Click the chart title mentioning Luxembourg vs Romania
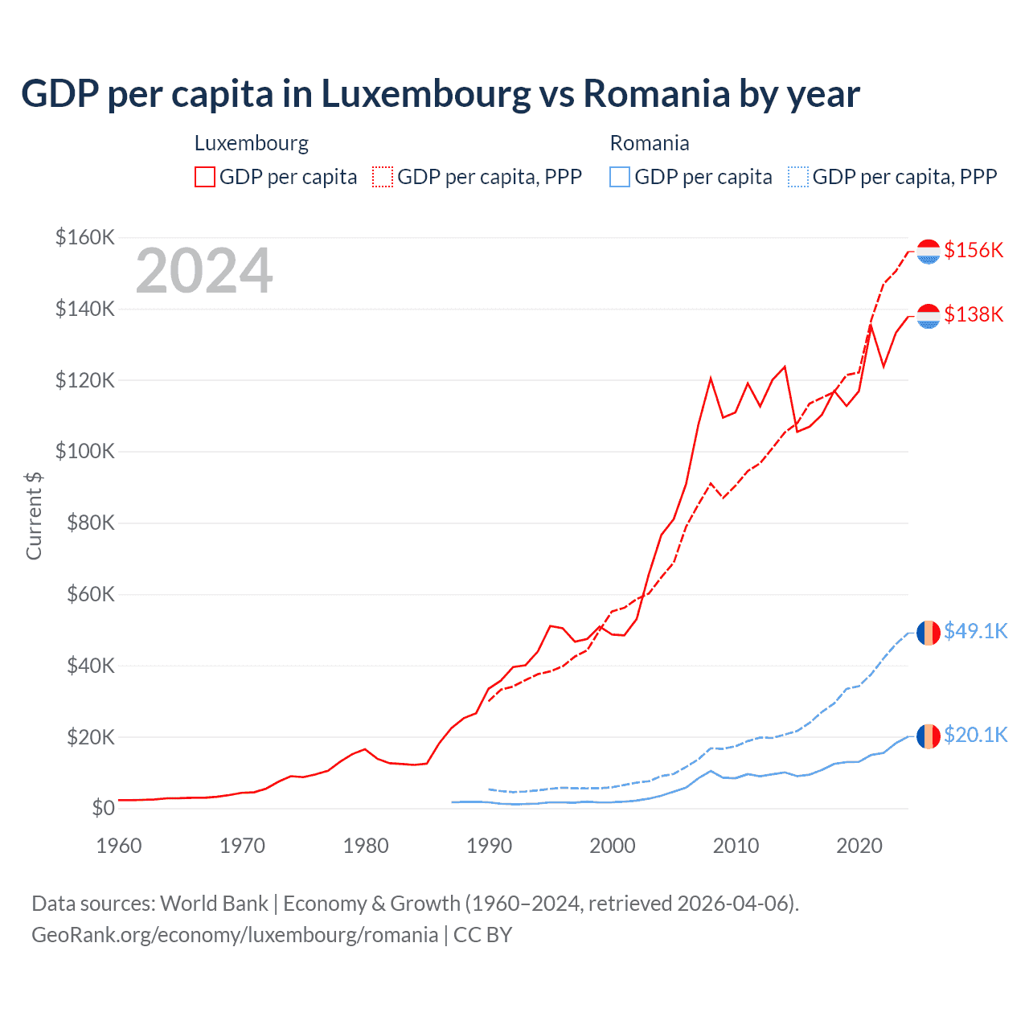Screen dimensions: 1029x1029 click(440, 94)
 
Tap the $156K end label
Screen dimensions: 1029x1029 click(974, 250)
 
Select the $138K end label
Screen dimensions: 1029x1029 click(974, 314)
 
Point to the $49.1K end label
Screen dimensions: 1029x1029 click(975, 631)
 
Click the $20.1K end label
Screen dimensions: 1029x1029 click(975, 735)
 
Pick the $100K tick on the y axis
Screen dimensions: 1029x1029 click(84, 451)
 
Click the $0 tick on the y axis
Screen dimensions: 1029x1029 click(103, 808)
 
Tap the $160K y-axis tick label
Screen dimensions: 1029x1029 click(84, 237)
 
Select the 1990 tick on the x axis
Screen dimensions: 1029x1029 click(489, 846)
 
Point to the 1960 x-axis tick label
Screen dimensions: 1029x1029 click(119, 846)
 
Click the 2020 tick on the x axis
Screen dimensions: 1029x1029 click(859, 846)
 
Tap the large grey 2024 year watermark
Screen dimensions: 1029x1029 click(204, 272)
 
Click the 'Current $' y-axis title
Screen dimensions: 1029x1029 click(34, 515)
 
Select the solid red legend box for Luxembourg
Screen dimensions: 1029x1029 click(205, 177)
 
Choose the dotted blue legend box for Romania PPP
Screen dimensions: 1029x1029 click(798, 177)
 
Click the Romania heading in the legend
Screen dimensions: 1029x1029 click(650, 143)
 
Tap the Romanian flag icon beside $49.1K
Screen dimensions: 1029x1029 click(929, 633)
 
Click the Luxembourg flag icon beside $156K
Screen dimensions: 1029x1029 click(929, 252)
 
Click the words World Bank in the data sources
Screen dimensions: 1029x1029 click(214, 904)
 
